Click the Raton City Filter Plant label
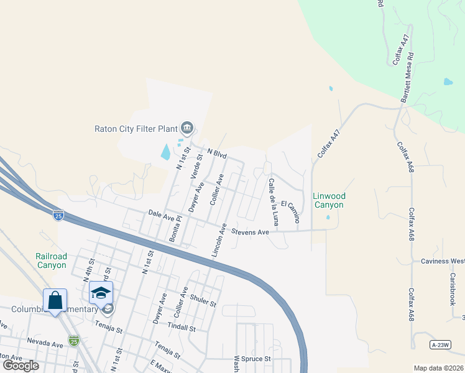coord(136,129)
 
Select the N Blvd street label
coord(218,152)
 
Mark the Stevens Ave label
coord(250,232)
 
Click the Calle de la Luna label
coord(272,202)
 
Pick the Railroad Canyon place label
coord(50,260)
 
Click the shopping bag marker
coord(55,300)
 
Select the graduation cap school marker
coord(101,292)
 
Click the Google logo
coord(21,365)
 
